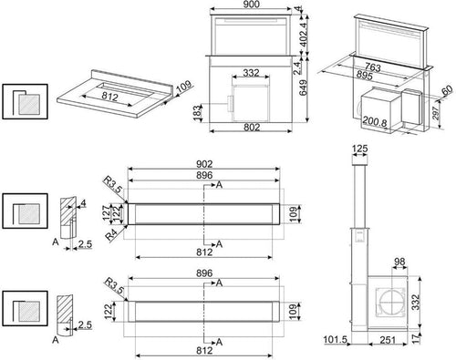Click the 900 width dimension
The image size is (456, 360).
252,5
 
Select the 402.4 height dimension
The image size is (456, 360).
304,34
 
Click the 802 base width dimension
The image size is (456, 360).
252,127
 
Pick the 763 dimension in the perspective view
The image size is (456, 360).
373,67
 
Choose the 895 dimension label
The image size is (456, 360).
364,75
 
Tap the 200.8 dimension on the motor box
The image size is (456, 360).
375,122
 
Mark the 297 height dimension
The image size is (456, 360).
436,113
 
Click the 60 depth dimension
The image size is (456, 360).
447,91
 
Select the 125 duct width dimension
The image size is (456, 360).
360,149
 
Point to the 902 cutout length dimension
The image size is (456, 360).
204,164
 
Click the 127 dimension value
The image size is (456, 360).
106,212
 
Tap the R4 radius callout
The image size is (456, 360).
111,235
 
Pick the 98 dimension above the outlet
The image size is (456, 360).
399,262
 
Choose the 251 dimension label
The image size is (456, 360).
388,340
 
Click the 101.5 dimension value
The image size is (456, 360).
336,339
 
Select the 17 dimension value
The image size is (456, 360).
416,338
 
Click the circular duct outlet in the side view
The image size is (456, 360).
392,303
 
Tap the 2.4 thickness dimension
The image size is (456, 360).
297,67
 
